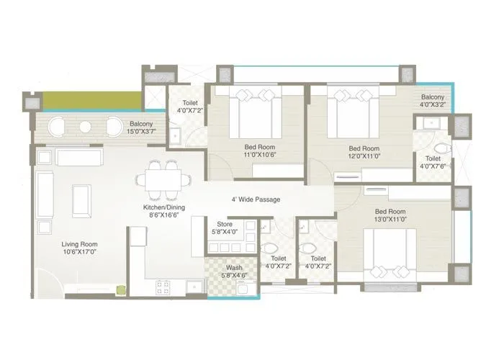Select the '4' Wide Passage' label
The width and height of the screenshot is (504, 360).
(255, 199)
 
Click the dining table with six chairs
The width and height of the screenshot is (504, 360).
(163, 180)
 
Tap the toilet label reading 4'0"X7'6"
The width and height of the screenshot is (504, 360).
(433, 163)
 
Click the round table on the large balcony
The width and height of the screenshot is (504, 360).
(85, 127)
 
